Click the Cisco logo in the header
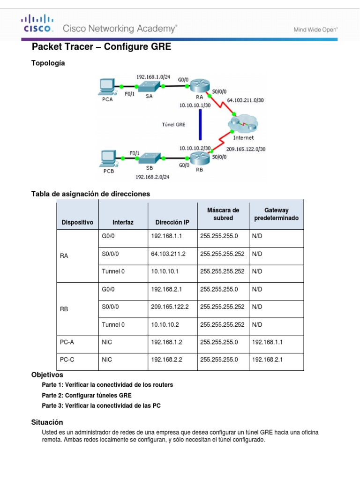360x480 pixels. click(x=37, y=23)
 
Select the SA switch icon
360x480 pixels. click(x=149, y=86)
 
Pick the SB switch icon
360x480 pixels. click(x=150, y=158)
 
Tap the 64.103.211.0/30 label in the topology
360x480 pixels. click(x=245, y=100)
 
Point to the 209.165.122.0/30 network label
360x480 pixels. click(x=246, y=149)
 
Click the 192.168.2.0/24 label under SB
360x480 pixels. click(x=152, y=177)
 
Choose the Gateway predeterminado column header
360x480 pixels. click(x=276, y=214)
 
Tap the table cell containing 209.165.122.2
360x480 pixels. click(x=170, y=307)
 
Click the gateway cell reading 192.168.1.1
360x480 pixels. click(x=267, y=342)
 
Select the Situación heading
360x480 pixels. click(x=47, y=422)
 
